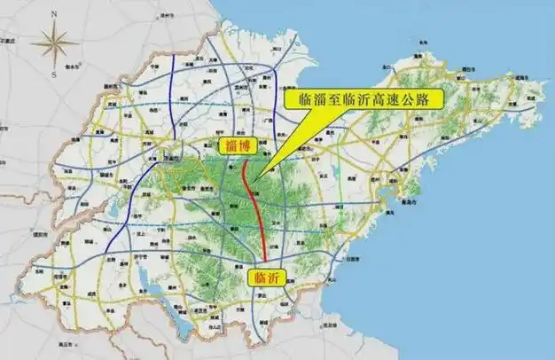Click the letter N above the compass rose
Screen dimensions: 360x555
click(x=54, y=14)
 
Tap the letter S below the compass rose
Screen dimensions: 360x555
click(x=54, y=75)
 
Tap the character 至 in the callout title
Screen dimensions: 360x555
click(x=334, y=99)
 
